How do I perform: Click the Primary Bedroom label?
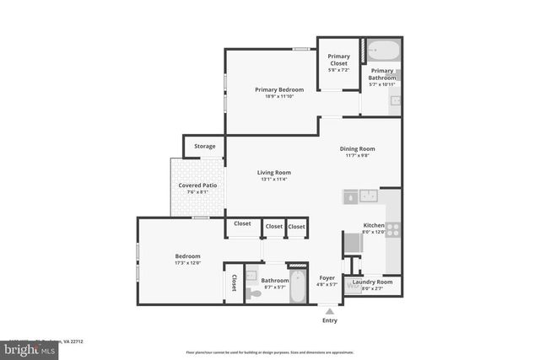[279, 89]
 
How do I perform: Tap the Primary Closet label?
[337, 60]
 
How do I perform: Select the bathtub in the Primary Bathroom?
[381, 49]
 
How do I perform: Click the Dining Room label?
[357, 148]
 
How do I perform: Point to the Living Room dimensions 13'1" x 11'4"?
[274, 179]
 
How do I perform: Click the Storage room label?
[204, 146]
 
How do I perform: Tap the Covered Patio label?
[198, 185]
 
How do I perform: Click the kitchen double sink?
[370, 196]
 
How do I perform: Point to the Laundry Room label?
[372, 282]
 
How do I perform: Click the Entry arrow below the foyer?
[329, 309]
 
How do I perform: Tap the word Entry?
[329, 320]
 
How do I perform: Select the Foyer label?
[327, 277]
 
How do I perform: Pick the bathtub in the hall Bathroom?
[299, 291]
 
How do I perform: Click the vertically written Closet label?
[234, 282]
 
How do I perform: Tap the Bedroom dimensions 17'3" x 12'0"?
[187, 262]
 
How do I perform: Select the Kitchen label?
[374, 226]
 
